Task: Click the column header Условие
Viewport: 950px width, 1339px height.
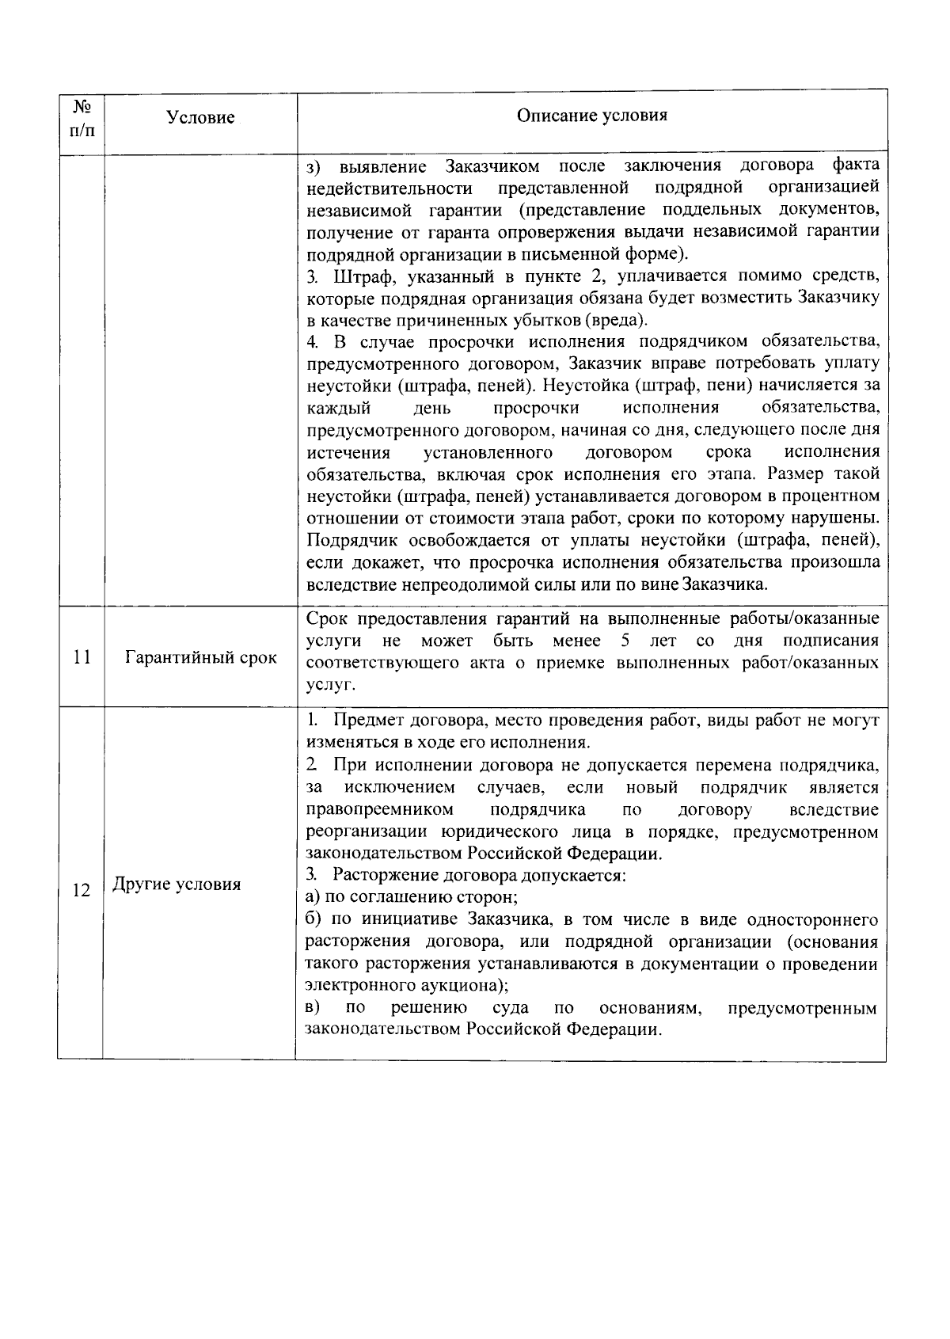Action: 200,118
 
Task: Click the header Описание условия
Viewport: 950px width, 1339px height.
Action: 591,116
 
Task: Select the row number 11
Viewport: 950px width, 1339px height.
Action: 81,658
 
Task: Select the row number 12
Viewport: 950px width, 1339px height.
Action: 81,890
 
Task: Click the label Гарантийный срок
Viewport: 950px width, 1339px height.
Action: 201,658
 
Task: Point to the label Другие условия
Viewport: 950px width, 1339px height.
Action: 177,884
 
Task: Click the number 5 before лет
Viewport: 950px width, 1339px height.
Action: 625,640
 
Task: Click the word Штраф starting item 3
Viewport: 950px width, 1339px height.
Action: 358,277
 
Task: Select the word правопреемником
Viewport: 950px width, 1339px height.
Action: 380,810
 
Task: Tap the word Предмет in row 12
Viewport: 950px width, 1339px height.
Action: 365,721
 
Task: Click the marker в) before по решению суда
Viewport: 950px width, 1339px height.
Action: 313,1008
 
